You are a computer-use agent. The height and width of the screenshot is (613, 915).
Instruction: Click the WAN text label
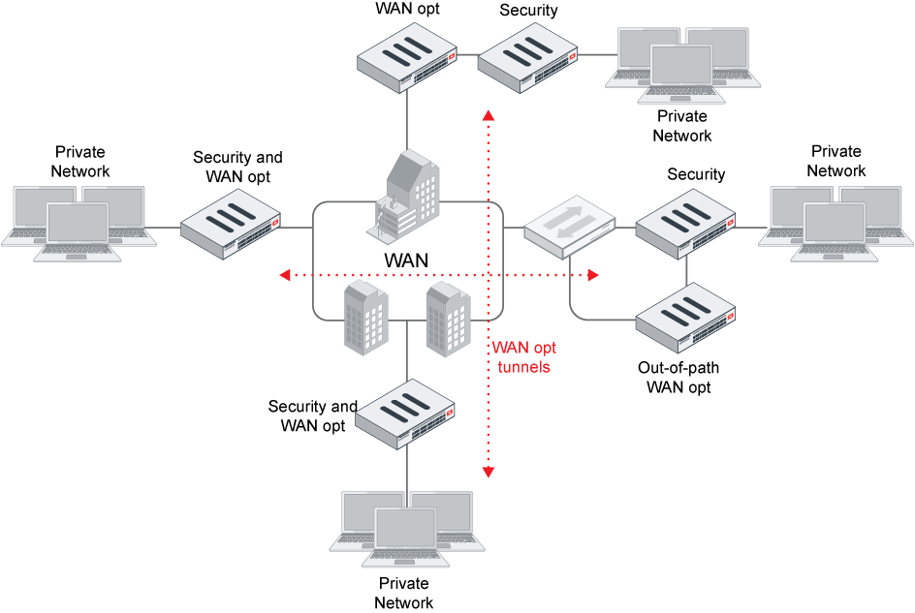click(x=406, y=261)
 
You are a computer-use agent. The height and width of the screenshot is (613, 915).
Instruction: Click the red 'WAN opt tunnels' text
click(x=523, y=357)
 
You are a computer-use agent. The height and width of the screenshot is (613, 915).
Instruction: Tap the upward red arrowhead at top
click(x=489, y=116)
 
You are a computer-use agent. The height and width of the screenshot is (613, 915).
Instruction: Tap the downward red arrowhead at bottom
click(x=489, y=472)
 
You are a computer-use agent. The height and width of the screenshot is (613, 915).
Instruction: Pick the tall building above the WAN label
click(x=408, y=194)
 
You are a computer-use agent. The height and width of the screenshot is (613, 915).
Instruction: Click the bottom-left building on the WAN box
click(x=365, y=317)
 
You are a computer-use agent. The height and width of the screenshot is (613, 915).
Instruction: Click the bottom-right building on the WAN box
click(x=448, y=319)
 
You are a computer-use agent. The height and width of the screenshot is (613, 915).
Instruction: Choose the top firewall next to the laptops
click(x=527, y=57)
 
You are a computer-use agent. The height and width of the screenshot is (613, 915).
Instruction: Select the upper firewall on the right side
click(x=685, y=223)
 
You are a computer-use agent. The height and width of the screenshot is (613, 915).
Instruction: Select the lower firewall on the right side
click(x=685, y=317)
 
